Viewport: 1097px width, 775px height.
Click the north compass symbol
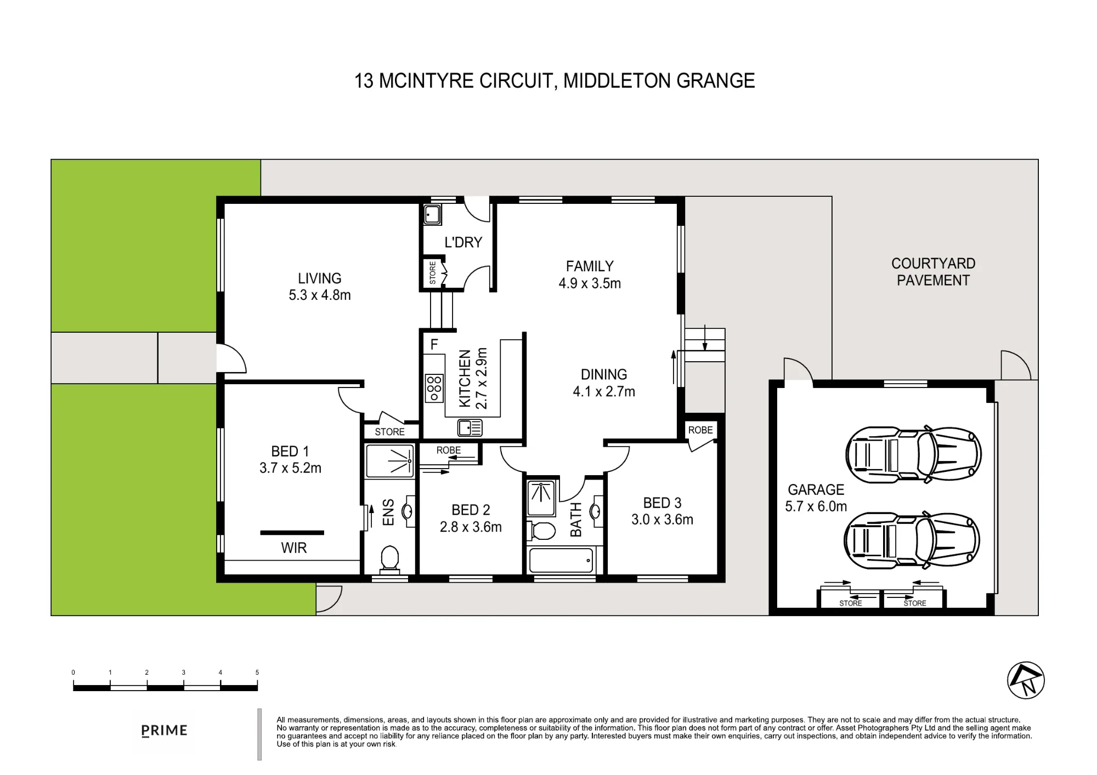click(1026, 680)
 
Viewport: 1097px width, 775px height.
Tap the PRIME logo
click(164, 731)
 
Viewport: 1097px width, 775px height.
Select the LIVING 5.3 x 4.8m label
click(320, 287)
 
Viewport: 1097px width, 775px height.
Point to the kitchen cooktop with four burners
click(434, 388)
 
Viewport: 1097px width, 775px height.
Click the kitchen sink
click(470, 428)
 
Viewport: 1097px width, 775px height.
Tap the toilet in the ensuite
click(389, 559)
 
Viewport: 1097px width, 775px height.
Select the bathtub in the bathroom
click(561, 561)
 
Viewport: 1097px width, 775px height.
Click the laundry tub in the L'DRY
click(432, 215)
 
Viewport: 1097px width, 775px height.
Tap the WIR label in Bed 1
click(294, 548)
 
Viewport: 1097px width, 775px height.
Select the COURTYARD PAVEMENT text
click(933, 272)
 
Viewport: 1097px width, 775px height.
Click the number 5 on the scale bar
click(257, 673)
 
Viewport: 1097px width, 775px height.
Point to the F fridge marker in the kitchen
click(434, 344)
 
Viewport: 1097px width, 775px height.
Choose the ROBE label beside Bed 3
click(700, 430)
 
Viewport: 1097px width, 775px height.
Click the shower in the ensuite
click(389, 461)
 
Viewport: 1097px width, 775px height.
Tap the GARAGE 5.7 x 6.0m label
click(816, 498)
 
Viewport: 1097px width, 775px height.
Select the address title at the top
click(555, 81)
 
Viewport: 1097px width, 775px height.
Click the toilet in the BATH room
click(541, 531)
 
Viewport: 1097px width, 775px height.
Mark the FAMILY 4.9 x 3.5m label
click(590, 275)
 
